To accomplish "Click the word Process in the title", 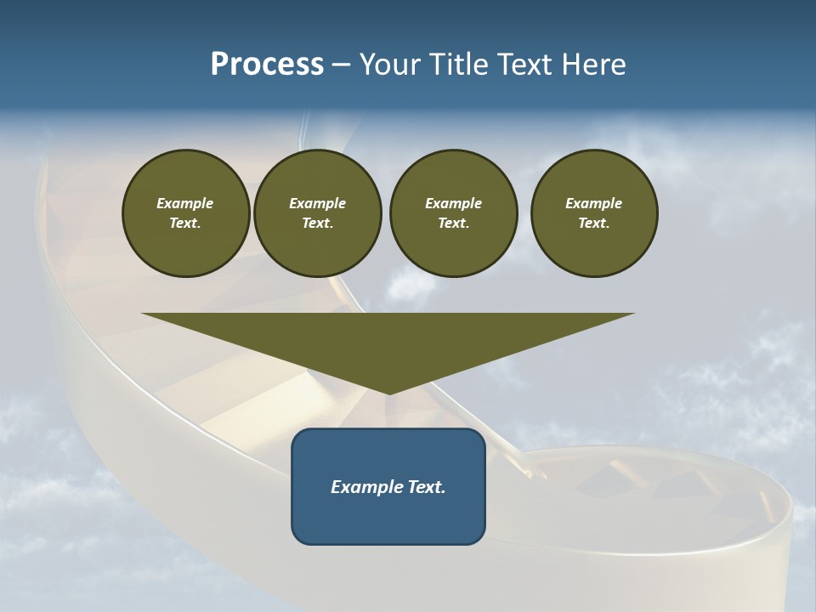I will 267,65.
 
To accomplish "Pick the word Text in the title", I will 525,65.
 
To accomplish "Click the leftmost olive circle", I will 185,213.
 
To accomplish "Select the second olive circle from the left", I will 317,213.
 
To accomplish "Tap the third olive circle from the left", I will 453,213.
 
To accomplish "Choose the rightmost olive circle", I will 593,213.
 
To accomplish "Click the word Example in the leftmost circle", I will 185,203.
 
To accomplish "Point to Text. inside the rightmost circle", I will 593,224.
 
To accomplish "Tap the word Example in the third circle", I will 453,203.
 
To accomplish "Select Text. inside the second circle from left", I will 317,224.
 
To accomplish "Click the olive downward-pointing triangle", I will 388,340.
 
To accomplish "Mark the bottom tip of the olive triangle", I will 388,393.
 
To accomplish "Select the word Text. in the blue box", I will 426,487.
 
